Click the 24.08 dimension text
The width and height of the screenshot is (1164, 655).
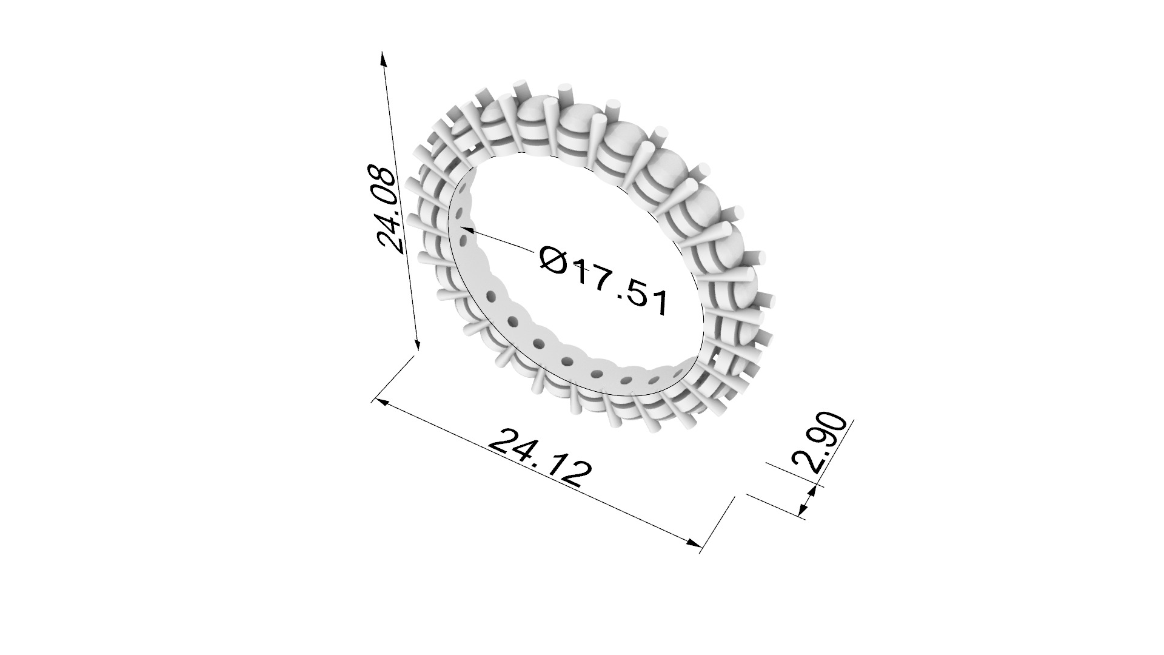(386, 209)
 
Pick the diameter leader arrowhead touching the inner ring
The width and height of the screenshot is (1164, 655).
(467, 229)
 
